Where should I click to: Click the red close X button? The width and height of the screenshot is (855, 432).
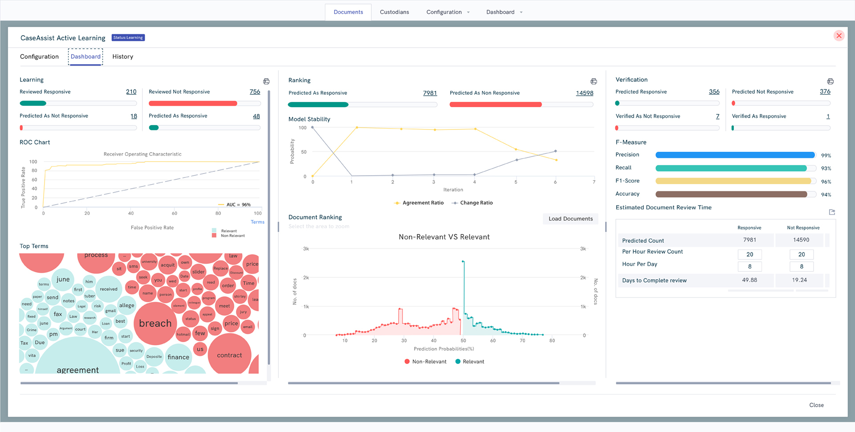pos(839,36)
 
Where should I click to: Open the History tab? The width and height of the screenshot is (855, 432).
pos(122,57)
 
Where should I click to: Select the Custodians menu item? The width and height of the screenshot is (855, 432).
pos(394,12)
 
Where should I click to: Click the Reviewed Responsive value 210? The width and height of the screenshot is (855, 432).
pos(131,92)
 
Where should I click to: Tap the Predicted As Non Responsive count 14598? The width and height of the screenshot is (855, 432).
pos(584,93)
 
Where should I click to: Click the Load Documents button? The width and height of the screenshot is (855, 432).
pos(570,218)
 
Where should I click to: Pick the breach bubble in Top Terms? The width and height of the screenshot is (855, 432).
pos(155,323)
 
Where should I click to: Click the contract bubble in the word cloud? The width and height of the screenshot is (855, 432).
pos(229,355)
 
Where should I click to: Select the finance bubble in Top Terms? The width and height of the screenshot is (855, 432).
pos(178,357)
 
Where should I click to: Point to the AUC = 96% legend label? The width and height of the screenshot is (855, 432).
pos(238,205)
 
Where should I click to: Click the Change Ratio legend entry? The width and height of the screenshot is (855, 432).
pos(476,202)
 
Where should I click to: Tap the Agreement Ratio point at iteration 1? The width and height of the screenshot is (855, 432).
pos(357,128)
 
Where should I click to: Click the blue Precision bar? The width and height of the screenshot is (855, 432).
pos(735,155)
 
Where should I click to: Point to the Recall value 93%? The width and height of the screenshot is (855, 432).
pos(826,169)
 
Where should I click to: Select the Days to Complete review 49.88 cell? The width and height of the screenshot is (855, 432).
pos(749,280)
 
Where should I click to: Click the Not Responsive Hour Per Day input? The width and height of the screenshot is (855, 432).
pos(801,266)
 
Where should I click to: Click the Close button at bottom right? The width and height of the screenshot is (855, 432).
pos(816,405)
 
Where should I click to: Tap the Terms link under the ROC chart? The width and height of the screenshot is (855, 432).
pos(257,222)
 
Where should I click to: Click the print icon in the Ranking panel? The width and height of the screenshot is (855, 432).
pos(594,81)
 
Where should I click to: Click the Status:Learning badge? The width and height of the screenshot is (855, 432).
pos(128,38)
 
